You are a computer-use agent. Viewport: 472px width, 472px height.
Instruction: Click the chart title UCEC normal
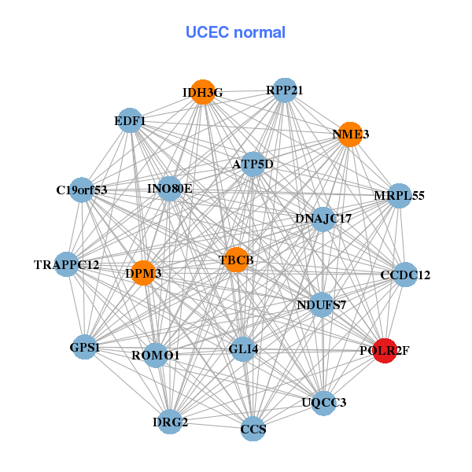click(x=235, y=32)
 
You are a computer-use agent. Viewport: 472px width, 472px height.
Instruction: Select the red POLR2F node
click(x=385, y=350)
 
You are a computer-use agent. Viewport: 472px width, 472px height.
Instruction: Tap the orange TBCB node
click(x=236, y=260)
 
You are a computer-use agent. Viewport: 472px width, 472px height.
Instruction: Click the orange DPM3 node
click(x=143, y=273)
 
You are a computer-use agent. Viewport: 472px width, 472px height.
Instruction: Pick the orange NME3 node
click(x=349, y=135)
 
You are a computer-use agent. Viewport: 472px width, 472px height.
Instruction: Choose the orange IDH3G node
click(x=203, y=92)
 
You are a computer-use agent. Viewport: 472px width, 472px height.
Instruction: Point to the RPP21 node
click(x=284, y=90)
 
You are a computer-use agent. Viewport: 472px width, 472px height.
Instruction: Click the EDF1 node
click(x=129, y=120)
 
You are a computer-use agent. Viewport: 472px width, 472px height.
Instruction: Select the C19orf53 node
click(x=82, y=189)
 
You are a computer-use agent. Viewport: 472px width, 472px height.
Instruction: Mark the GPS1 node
click(x=85, y=346)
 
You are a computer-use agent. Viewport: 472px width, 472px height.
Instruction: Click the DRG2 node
click(x=170, y=422)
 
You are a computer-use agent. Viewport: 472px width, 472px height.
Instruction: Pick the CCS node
click(x=253, y=429)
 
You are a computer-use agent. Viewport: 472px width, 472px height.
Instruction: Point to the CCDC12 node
click(x=405, y=275)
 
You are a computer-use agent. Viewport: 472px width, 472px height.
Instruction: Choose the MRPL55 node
click(x=399, y=195)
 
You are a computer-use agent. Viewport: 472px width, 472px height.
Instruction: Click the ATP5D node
click(x=253, y=164)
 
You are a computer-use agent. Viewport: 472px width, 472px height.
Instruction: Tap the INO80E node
click(x=170, y=189)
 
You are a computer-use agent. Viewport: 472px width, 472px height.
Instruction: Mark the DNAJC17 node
click(x=323, y=217)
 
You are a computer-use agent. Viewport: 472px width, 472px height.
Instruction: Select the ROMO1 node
click(x=155, y=355)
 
